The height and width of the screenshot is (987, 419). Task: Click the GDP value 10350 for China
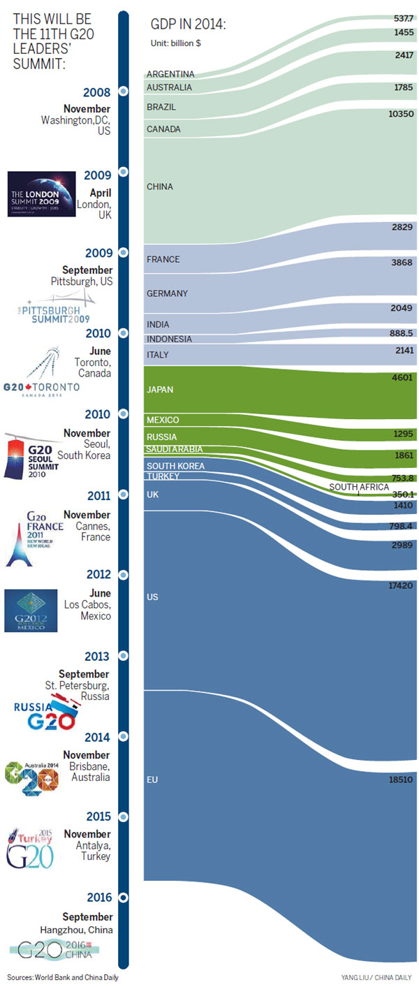(x=402, y=113)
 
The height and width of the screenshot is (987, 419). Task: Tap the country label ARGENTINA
(x=170, y=74)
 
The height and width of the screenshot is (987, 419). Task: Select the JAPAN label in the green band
(x=161, y=390)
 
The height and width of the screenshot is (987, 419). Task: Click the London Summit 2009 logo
(x=42, y=193)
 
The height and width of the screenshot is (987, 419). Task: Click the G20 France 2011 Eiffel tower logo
(x=34, y=535)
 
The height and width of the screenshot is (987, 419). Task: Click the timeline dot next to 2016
(x=124, y=898)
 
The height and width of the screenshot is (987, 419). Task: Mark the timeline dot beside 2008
(x=124, y=91)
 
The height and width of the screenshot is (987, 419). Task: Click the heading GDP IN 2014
(x=188, y=25)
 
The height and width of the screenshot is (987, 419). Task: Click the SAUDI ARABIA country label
(x=174, y=449)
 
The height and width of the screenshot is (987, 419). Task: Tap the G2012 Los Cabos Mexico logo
(x=31, y=611)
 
